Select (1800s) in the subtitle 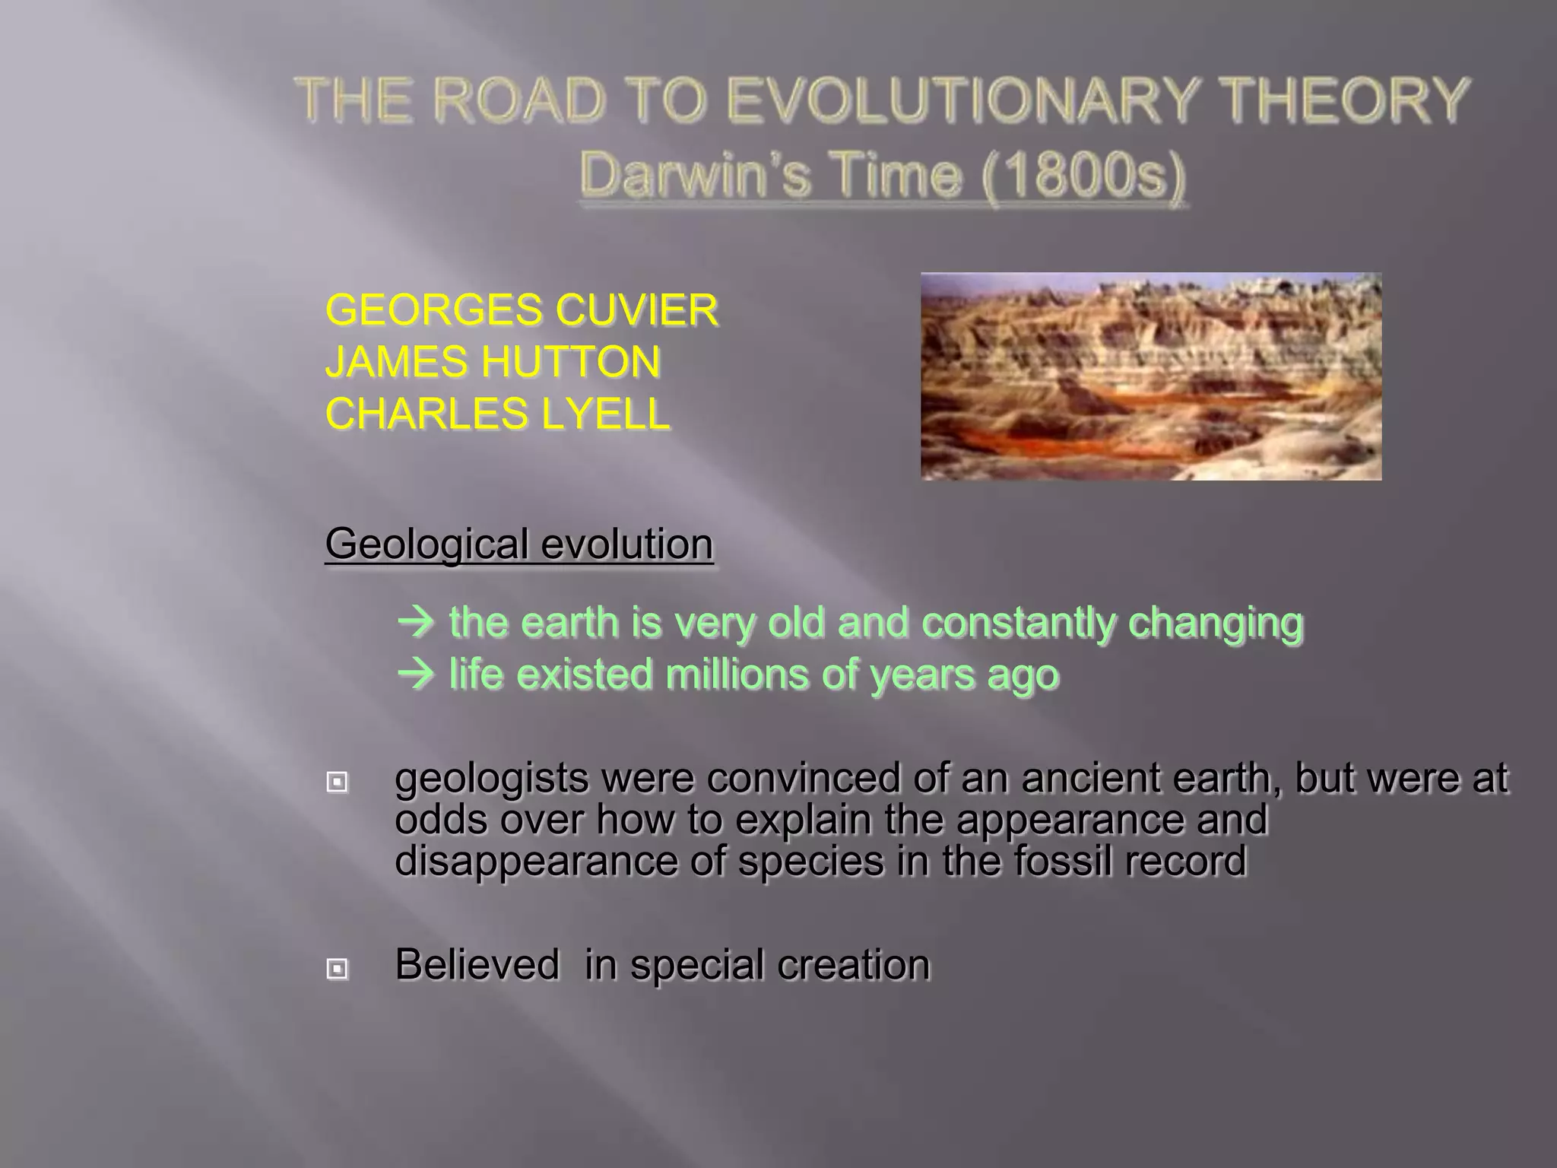pos(1083,175)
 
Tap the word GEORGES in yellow pos(433,310)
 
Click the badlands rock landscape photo pos(1150,376)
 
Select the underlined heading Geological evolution pos(519,544)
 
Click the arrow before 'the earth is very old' pos(417,623)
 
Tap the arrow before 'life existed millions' pos(417,674)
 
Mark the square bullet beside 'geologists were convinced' pos(338,782)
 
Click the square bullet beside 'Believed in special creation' pos(338,968)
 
